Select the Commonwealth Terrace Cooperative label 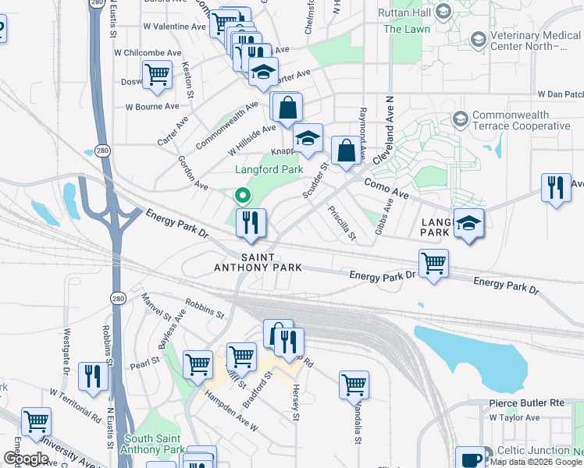tap(522, 120)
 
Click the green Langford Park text tap(269, 169)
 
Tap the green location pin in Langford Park tap(243, 195)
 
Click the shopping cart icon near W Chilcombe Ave tap(158, 76)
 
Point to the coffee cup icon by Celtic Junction tap(471, 459)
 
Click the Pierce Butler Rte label tap(525, 403)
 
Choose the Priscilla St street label tap(342, 223)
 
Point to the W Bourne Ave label tap(152, 106)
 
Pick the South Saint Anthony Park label tap(152, 443)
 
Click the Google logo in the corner tap(26, 459)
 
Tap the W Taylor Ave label tap(515, 417)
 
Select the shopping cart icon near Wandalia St tap(354, 384)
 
